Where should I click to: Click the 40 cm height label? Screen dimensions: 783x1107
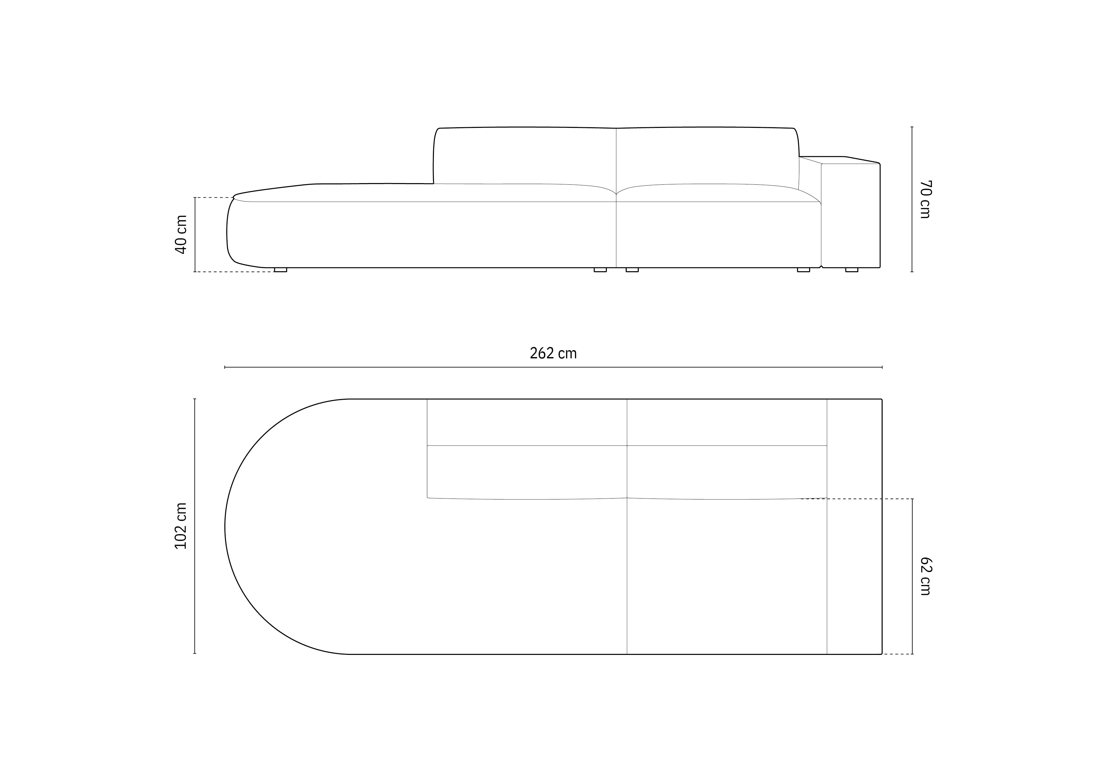point(181,235)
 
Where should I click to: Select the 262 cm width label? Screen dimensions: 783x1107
point(553,354)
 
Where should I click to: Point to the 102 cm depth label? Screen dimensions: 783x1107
point(181,526)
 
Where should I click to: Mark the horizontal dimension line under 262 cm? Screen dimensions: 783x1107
point(553,367)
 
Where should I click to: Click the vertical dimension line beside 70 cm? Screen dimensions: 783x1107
point(912,199)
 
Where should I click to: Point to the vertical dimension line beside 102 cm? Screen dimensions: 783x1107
point(195,526)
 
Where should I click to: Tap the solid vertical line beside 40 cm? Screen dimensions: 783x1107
point(195,235)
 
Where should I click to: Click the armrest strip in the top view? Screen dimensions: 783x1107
point(854,526)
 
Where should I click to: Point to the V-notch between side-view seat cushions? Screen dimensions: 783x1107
point(616,194)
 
